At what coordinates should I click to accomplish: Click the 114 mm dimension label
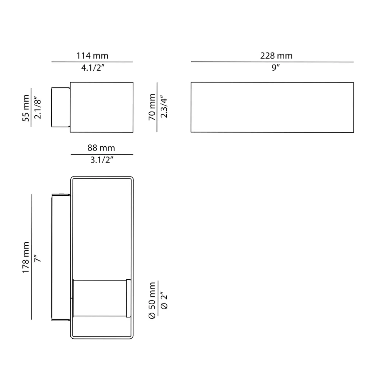(x=92, y=56)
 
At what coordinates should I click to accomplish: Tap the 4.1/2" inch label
(x=93, y=68)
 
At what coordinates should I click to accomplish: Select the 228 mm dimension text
(x=276, y=56)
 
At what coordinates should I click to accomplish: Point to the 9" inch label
(x=276, y=68)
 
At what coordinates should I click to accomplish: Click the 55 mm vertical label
(x=26, y=108)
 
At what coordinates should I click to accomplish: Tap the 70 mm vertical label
(x=152, y=107)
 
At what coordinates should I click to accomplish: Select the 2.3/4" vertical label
(x=164, y=107)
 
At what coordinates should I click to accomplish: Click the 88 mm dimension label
(x=101, y=148)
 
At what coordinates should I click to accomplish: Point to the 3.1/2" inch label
(x=102, y=160)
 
